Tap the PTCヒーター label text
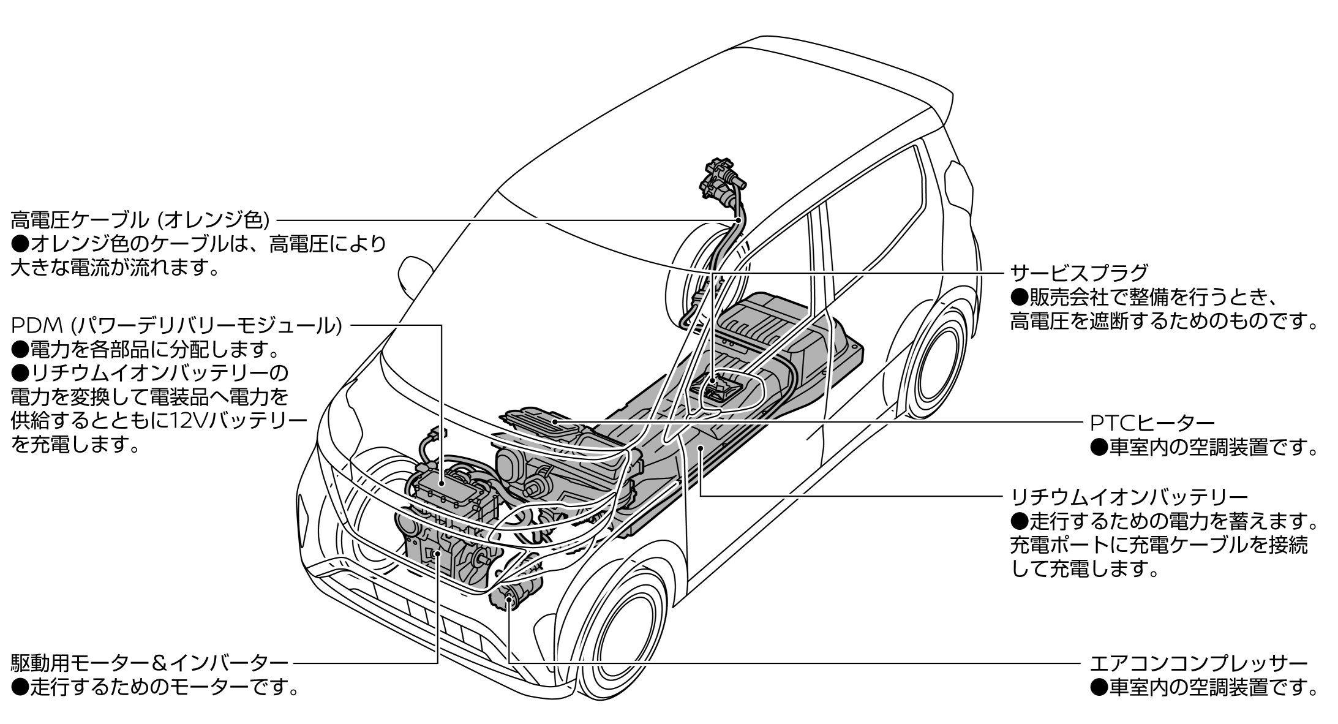(1152, 422)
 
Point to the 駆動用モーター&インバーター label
(149, 663)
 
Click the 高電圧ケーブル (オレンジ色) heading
(140, 219)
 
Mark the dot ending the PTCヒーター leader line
(554, 421)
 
